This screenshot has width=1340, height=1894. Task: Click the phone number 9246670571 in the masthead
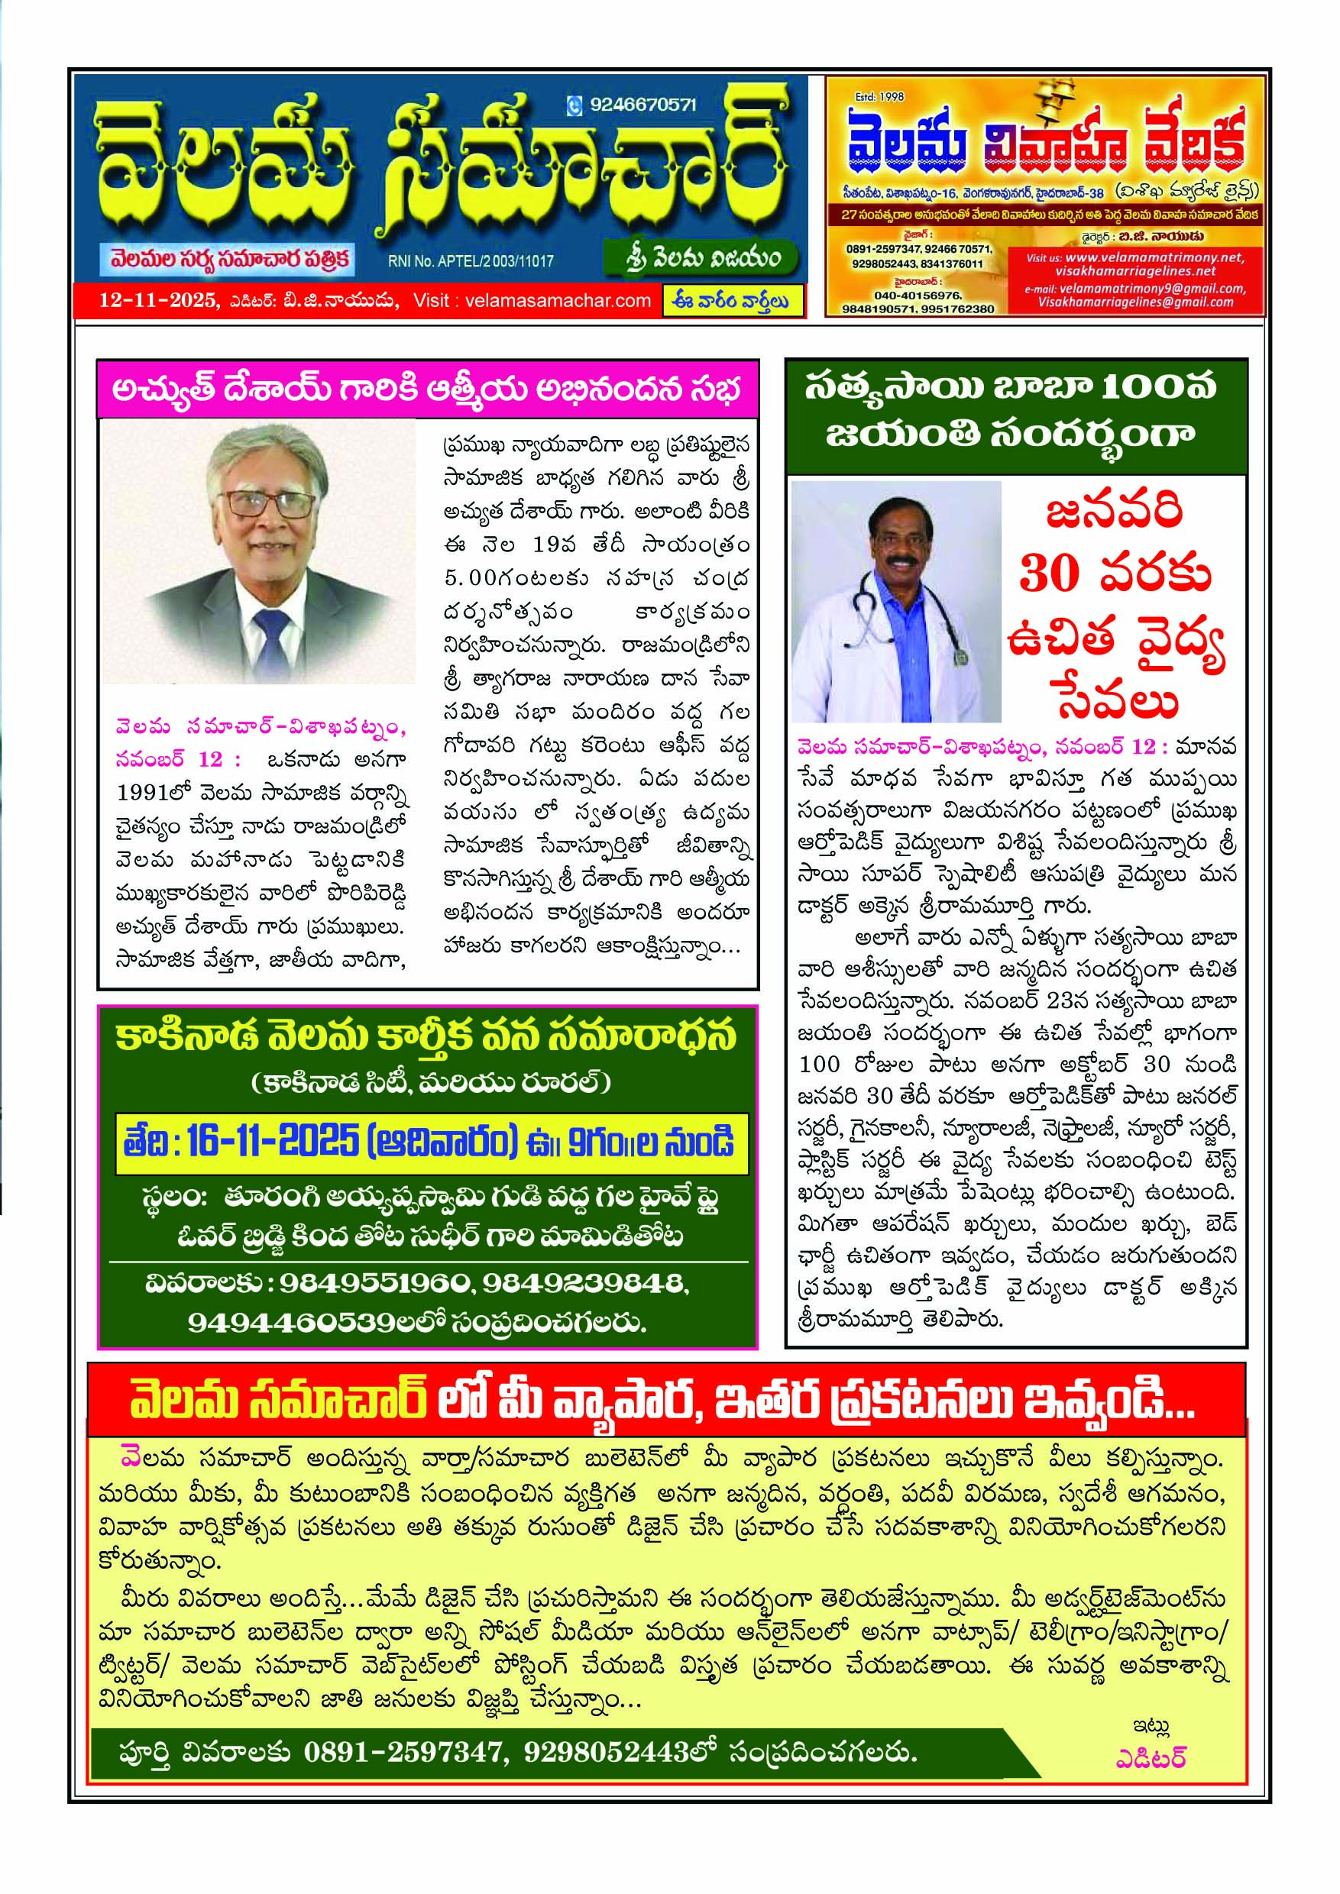tap(642, 105)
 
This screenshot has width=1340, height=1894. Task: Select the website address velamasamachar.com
tap(558, 301)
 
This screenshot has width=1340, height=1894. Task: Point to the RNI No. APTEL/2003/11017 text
tap(471, 261)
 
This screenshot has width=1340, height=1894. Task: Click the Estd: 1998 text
tap(879, 96)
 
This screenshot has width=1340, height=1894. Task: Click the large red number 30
tap(1050, 574)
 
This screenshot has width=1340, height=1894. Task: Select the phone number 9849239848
tap(584, 1283)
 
